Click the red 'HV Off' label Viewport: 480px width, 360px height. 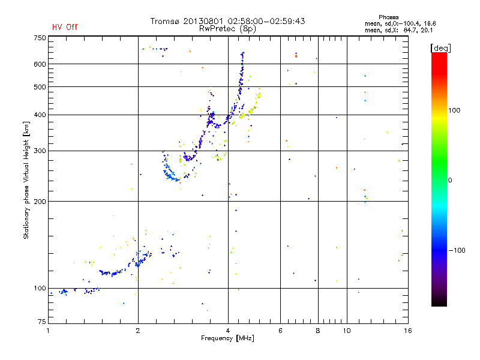click(65, 27)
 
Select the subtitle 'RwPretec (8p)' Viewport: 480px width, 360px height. click(228, 28)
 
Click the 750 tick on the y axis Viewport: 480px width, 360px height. click(40, 38)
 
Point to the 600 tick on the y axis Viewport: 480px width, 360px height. click(40, 64)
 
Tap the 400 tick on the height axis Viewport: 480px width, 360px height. click(40, 115)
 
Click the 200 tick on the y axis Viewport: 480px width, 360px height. click(40, 201)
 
